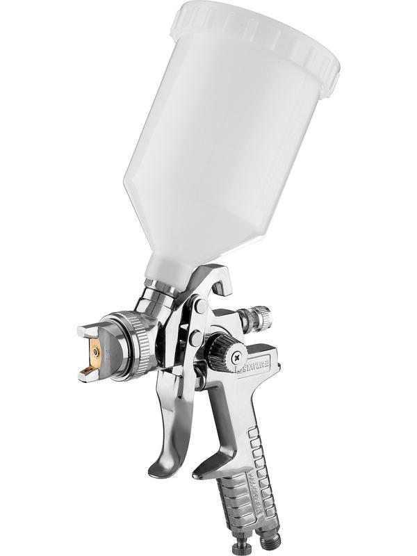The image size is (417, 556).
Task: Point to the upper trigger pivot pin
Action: (200, 306)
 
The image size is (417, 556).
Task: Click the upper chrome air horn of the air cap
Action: (87, 332)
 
